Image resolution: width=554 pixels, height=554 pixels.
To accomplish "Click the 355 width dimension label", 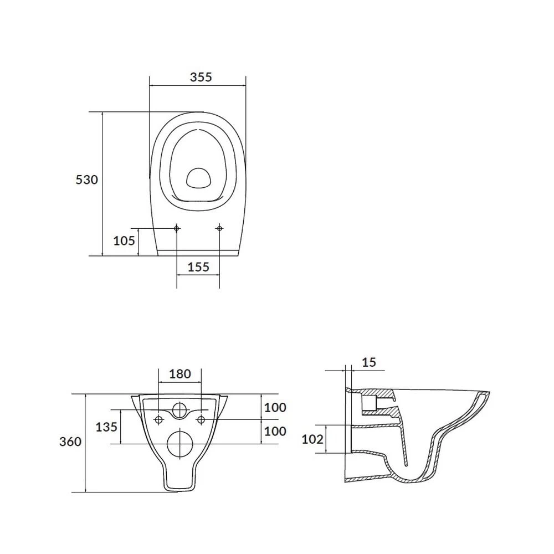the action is [201, 77].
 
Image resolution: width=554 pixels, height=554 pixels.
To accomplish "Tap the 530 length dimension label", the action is [86, 180].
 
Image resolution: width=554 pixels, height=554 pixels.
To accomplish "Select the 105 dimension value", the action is [124, 241].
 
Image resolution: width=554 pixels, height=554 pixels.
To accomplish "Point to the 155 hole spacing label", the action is [198, 267].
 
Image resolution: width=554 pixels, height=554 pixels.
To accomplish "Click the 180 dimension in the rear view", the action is [180, 374].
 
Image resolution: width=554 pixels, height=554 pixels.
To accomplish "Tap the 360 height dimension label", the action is [70, 442].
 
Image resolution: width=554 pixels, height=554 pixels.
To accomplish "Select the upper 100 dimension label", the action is [275, 408].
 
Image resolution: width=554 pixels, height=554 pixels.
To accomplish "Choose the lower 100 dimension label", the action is [275, 432].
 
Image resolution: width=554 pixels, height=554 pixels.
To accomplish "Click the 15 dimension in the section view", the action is [369, 362].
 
